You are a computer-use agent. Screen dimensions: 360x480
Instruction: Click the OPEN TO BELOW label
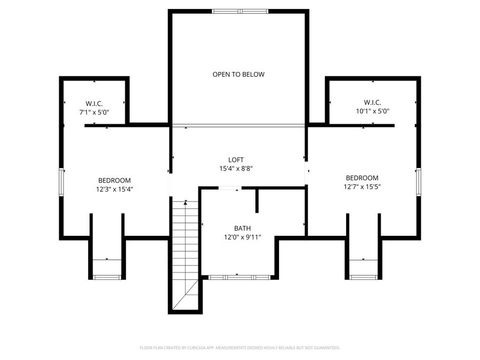point(238,75)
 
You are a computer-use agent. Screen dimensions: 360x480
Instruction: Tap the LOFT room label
point(236,159)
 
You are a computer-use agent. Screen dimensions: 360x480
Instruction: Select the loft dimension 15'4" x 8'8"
point(236,169)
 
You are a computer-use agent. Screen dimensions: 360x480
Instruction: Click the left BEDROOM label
point(114,180)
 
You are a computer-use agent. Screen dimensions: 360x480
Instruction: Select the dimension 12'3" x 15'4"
point(114,189)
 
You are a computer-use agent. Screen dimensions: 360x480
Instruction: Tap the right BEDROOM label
point(362,178)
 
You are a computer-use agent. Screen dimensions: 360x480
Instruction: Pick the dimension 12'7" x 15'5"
point(362,187)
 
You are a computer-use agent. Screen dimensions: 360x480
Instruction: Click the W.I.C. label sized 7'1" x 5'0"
point(94,103)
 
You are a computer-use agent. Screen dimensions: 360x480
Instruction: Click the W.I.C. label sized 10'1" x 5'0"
point(373,102)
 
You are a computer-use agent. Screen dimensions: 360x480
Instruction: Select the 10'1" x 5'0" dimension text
point(373,111)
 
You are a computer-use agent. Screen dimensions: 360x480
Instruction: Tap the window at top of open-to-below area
point(239,11)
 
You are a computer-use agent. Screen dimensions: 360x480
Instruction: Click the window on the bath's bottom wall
point(239,277)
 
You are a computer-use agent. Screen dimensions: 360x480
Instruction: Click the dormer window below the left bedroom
point(107,277)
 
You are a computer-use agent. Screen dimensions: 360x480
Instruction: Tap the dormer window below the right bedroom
point(363,277)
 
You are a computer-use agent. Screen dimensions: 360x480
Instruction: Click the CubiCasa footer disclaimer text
point(239,348)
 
